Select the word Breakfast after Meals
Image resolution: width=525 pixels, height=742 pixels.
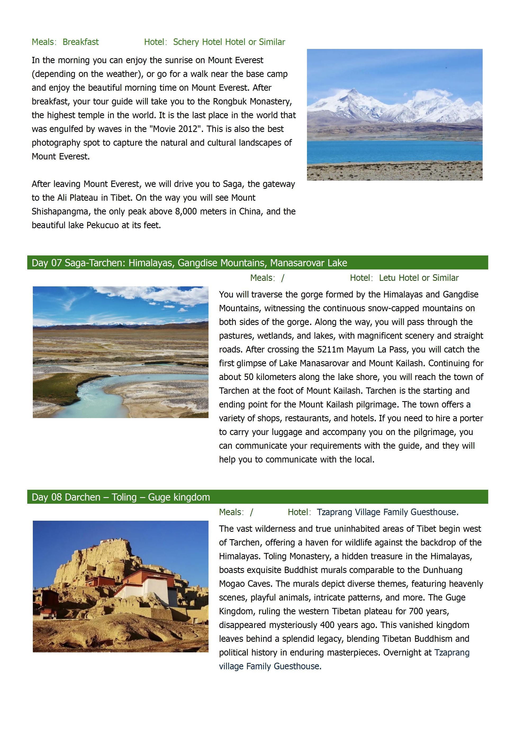click(80, 42)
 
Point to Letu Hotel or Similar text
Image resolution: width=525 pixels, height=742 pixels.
click(419, 278)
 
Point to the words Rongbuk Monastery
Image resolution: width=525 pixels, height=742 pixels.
click(252, 102)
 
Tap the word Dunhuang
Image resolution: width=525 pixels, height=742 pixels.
click(443, 570)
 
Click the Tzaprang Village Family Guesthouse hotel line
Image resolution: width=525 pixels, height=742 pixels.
click(387, 512)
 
